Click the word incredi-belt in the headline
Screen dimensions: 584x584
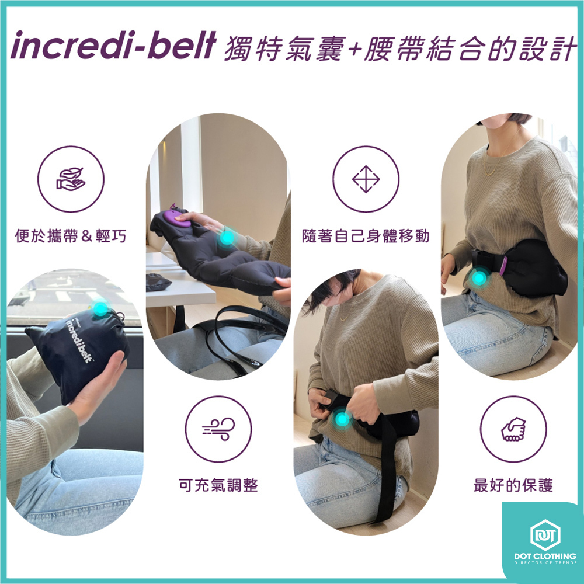[113, 46]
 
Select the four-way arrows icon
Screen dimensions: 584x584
[366, 179]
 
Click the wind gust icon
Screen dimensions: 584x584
[218, 429]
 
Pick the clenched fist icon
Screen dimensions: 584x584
[513, 429]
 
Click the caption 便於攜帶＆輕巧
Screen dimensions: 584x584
[71, 236]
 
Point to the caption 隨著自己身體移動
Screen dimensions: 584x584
[366, 236]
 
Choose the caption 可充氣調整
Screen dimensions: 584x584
[218, 485]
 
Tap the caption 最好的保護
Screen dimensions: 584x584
[513, 485]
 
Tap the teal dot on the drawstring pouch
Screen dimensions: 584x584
[100, 308]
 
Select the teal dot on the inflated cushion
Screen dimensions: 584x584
[227, 237]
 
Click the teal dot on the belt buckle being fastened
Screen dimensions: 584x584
[342, 419]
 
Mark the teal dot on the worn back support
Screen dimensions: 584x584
[479, 277]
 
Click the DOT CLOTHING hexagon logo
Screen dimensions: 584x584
[545, 535]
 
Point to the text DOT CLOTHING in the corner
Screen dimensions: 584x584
[545, 556]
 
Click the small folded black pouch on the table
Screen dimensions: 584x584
[159, 281]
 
